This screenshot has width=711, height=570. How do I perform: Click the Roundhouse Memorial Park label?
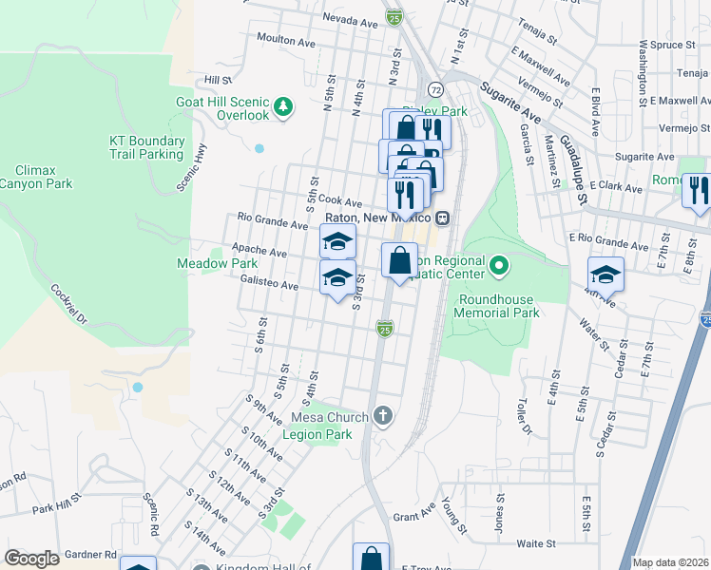pos(499,305)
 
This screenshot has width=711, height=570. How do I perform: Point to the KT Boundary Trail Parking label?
pos(144,147)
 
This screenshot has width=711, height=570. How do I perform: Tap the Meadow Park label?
pos(203,263)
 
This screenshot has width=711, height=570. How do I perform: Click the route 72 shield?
pos(434,88)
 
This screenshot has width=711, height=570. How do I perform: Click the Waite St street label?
pos(536,543)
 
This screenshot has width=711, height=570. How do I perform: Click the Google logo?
pos(31,559)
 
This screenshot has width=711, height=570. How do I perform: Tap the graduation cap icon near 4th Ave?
pos(605,275)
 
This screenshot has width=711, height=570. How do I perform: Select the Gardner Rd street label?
pos(90,554)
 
